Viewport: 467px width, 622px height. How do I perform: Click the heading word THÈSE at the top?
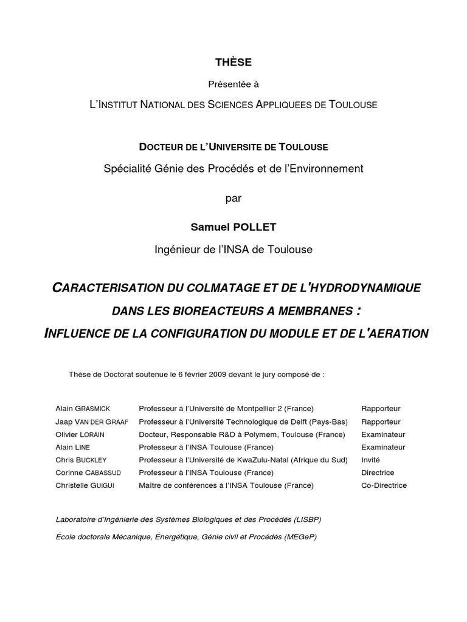(233, 63)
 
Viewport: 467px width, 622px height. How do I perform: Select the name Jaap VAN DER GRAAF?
(91, 422)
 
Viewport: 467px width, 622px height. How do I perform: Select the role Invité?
(370, 460)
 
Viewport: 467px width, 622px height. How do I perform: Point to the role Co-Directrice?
(384, 485)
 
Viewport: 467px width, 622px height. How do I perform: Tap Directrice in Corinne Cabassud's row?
(378, 473)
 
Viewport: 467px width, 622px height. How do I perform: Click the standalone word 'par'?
(233, 198)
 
